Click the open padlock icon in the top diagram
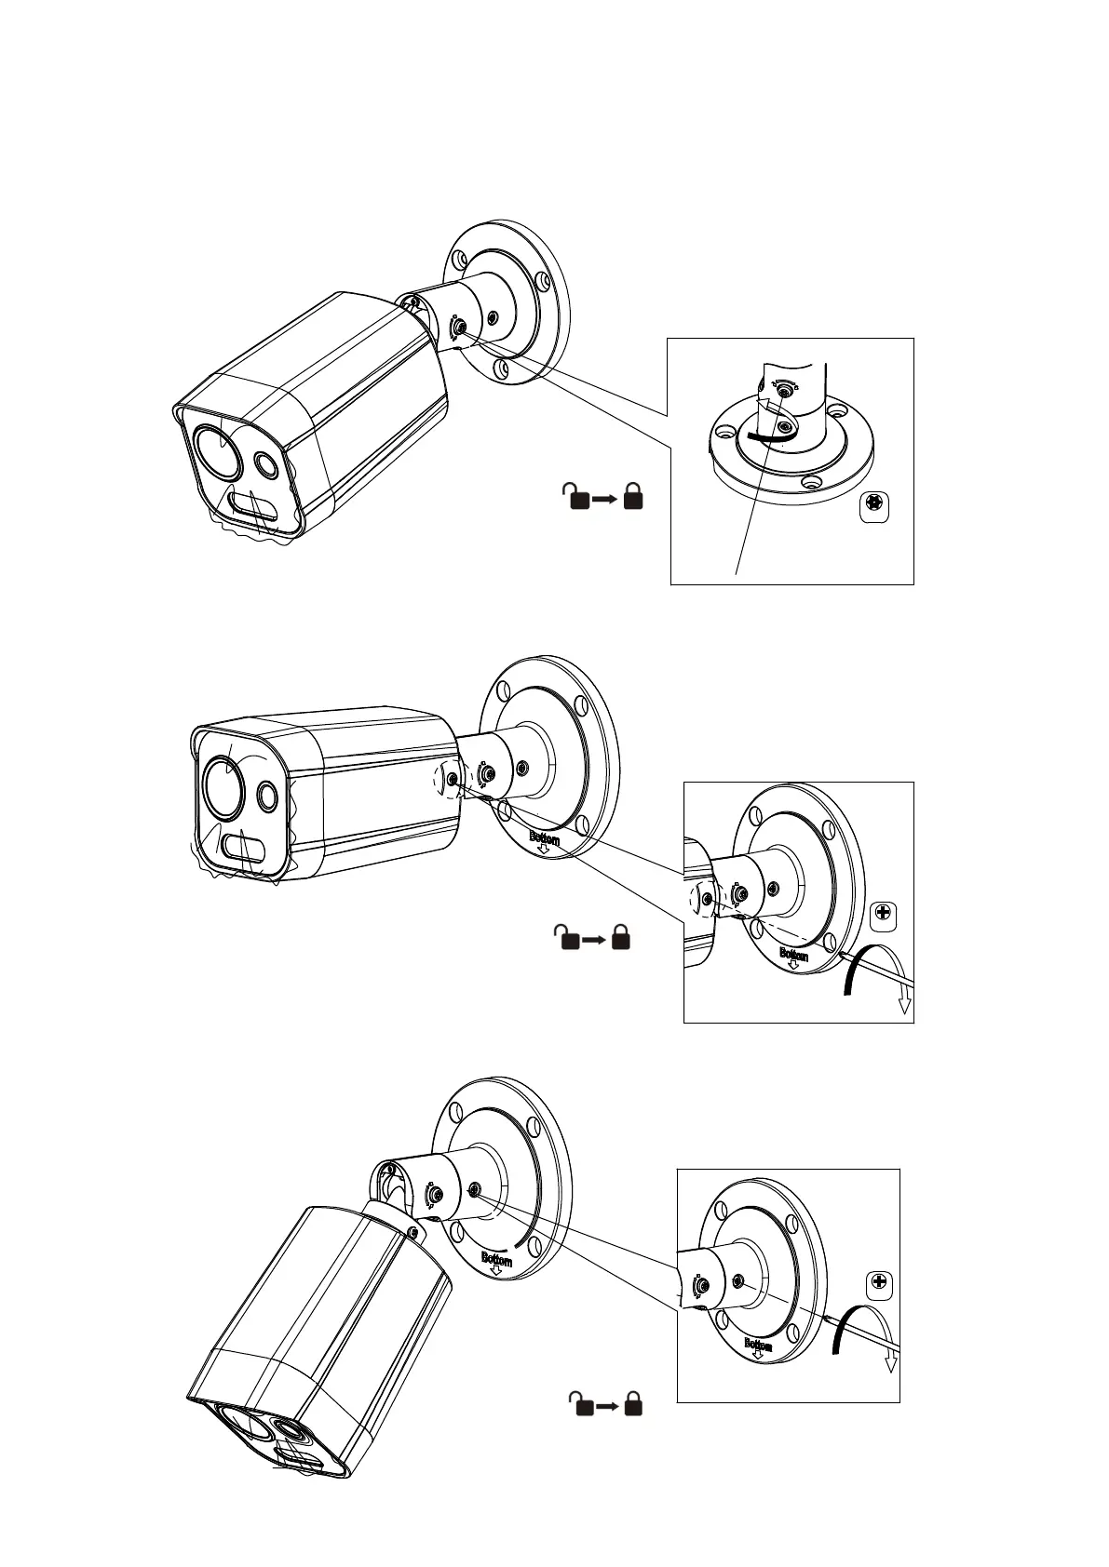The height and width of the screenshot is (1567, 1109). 576,497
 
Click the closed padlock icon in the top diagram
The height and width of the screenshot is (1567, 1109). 634,497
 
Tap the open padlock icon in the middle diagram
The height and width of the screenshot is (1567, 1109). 565,937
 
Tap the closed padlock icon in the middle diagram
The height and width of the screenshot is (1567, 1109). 621,937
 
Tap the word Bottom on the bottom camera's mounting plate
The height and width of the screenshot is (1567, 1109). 497,1260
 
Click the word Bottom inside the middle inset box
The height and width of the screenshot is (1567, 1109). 793,955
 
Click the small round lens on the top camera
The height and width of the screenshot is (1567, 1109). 267,464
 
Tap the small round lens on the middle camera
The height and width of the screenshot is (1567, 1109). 267,794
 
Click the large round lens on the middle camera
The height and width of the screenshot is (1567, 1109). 224,786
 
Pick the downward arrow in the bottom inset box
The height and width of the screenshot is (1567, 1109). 891,1360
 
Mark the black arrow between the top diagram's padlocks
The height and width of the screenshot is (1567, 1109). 605,499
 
